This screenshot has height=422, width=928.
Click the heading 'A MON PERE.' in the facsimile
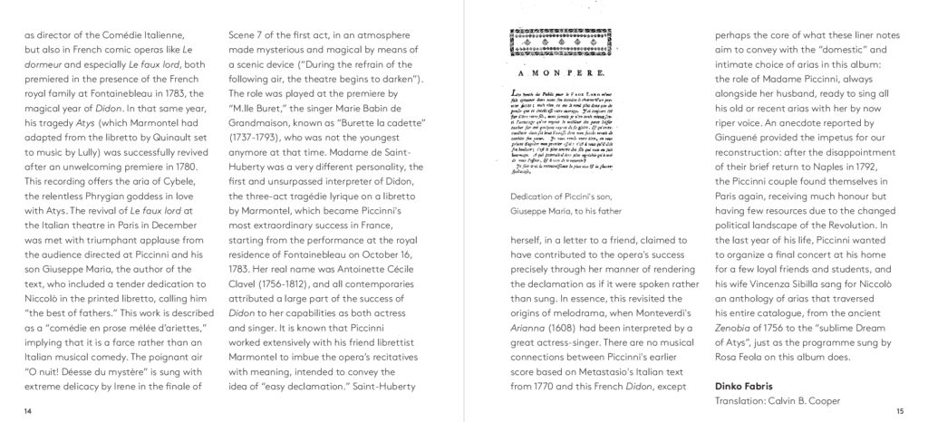click(x=548, y=78)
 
